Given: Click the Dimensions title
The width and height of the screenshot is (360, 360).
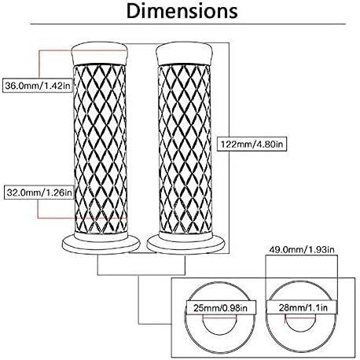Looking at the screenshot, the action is tap(182, 11).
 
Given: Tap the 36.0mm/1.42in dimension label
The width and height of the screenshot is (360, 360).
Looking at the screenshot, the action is tap(38, 86).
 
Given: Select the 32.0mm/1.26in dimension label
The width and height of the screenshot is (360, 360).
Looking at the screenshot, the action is tap(39, 193).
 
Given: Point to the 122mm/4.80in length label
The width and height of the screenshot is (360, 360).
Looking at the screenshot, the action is tap(252, 144).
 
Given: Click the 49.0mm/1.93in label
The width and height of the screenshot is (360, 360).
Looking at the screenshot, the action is tap(302, 250).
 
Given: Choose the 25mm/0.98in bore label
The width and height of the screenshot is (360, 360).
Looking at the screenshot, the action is tap(220, 307).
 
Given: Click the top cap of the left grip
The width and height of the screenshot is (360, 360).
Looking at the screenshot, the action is tap(100, 53).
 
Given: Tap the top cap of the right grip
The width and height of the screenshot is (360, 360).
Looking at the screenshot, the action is tap(184, 53).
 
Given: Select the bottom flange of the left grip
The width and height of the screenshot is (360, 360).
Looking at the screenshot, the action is tap(101, 244).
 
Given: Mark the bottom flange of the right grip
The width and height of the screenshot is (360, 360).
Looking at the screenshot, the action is tap(186, 244).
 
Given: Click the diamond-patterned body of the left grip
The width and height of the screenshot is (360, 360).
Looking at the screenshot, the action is tap(100, 149).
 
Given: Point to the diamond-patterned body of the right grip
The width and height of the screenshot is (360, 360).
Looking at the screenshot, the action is tap(185, 149).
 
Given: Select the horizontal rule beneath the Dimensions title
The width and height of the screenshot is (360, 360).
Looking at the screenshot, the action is tap(188, 24).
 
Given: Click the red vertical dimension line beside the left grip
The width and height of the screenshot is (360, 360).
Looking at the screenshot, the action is tap(39, 134).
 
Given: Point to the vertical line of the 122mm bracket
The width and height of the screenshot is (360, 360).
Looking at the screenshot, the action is tap(230, 148).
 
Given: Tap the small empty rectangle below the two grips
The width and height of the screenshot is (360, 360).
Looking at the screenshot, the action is tap(141, 266).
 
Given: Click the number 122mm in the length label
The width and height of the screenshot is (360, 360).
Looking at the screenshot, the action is tap(233, 144).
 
